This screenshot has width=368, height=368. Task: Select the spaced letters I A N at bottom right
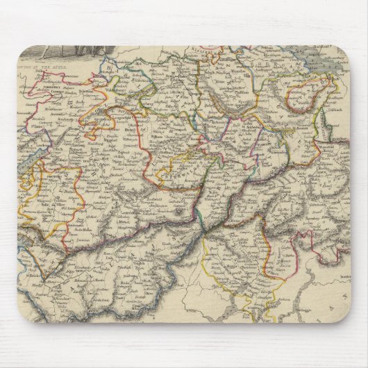click(333, 306)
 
